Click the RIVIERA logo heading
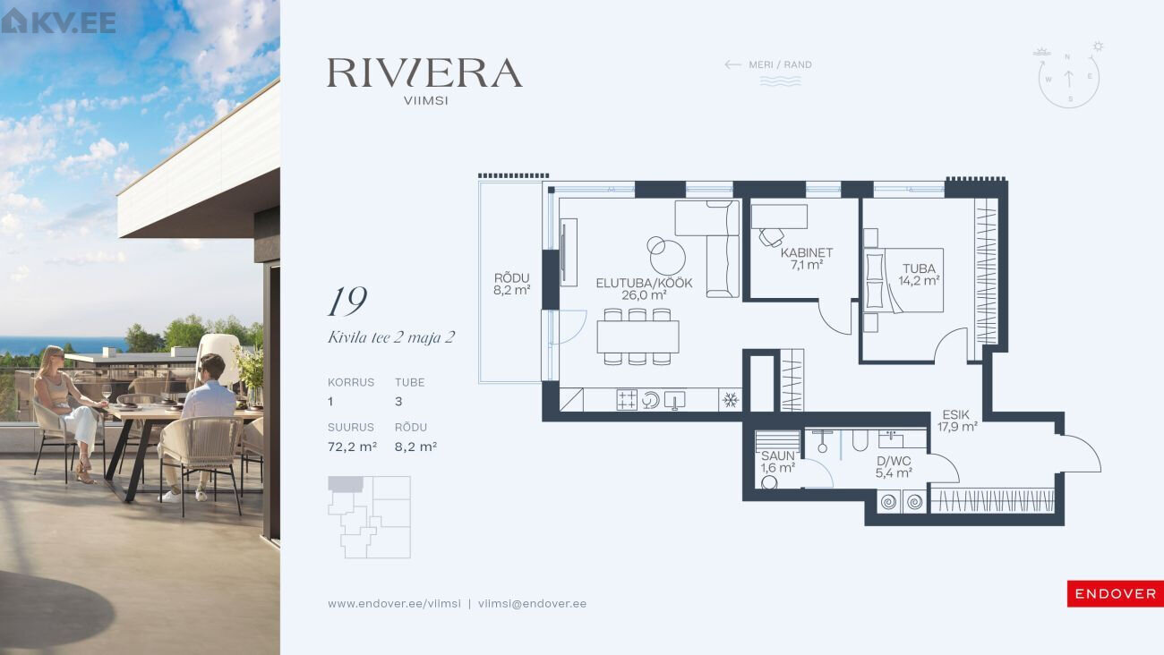[424, 72]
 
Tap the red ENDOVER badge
[1115, 593]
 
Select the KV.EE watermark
[58, 21]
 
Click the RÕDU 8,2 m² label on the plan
[512, 285]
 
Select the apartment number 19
[347, 302]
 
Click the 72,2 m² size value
[352, 447]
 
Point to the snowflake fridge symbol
[731, 400]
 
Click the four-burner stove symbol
[627, 401]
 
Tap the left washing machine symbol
[888, 502]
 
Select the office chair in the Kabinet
[772, 237]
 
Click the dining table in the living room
[638, 337]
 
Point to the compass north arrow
[1069, 79]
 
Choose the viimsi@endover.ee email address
[532, 604]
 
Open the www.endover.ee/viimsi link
[394, 604]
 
